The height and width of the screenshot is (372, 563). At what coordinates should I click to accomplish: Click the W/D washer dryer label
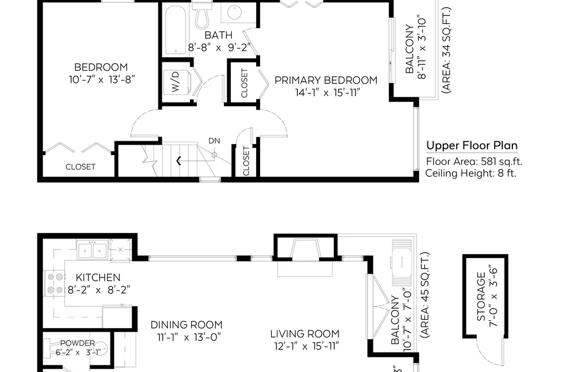click(x=175, y=82)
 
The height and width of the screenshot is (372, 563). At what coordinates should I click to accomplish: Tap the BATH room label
click(x=218, y=35)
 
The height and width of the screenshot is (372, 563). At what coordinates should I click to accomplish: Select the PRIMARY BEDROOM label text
click(x=326, y=80)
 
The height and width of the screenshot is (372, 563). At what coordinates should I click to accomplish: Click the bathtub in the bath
click(x=176, y=30)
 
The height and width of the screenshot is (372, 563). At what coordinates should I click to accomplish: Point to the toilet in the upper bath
click(x=202, y=15)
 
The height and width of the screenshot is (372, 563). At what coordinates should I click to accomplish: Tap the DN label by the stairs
click(x=215, y=141)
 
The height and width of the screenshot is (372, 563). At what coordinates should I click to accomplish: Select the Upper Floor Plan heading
click(x=472, y=146)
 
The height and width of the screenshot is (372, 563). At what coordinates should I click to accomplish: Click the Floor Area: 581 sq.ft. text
click(x=474, y=162)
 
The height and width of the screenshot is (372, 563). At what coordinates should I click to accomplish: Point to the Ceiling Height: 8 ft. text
click(x=471, y=173)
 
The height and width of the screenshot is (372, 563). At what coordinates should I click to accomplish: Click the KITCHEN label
click(x=98, y=277)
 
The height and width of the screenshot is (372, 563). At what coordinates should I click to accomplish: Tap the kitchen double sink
click(x=92, y=250)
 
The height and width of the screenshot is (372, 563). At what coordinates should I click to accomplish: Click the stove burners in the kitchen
click(x=55, y=283)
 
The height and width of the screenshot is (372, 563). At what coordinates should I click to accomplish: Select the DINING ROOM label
click(x=186, y=325)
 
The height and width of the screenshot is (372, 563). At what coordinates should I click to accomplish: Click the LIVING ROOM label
click(x=305, y=334)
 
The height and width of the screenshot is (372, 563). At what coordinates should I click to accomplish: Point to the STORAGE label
click(x=481, y=296)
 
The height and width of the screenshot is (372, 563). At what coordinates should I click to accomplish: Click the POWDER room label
click(x=77, y=343)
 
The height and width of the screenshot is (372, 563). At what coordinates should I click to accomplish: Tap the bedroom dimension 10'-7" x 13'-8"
click(x=102, y=80)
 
